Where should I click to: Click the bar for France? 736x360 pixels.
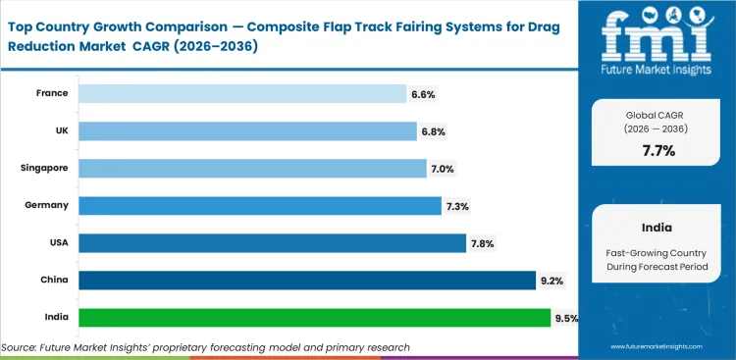coord(242,94)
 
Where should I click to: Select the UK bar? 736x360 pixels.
coord(247,131)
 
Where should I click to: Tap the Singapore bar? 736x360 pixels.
coord(252,169)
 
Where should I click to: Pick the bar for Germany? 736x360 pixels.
coord(260,206)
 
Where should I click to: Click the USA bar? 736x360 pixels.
coord(272,243)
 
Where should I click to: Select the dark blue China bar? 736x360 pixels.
coord(307,281)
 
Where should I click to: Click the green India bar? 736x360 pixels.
coord(314,318)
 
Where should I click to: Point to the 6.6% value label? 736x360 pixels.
coord(423,94)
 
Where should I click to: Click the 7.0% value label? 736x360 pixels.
coord(443,169)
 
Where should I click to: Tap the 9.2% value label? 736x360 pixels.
coord(552,281)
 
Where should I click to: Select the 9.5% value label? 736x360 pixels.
coord(566,318)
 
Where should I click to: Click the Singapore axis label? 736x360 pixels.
coord(44,169)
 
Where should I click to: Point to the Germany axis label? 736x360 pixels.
coord(47,206)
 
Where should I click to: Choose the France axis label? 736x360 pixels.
coord(51,94)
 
